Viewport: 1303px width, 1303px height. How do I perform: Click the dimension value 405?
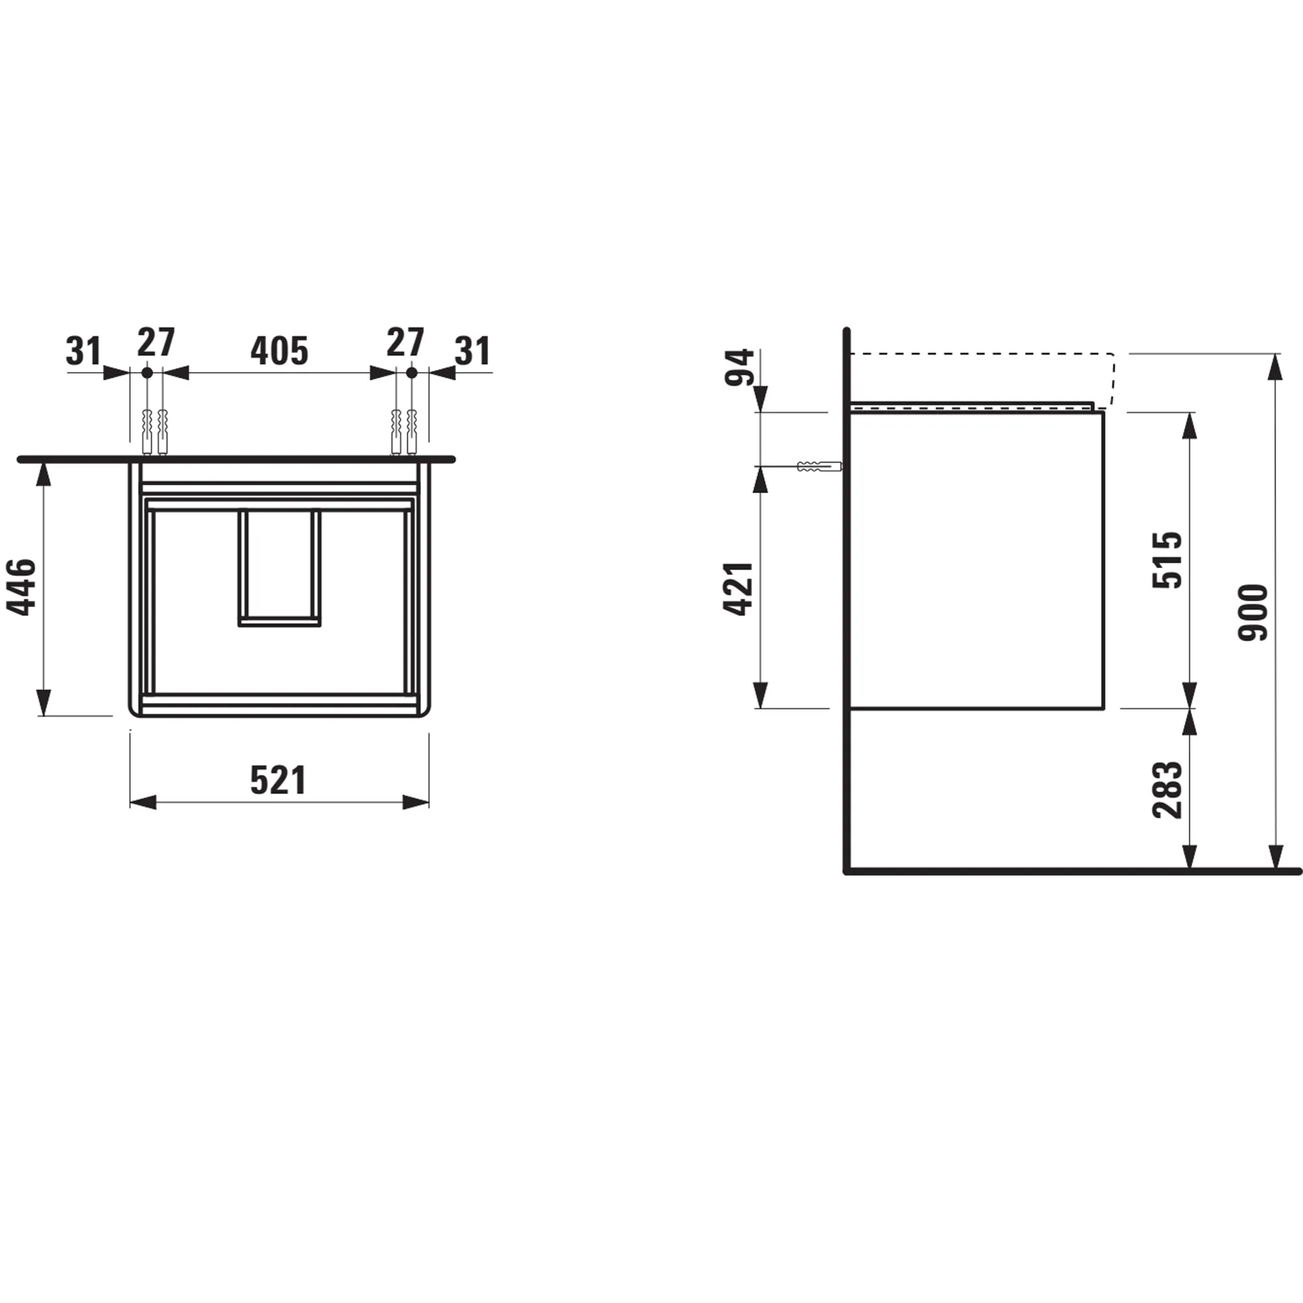click(x=279, y=351)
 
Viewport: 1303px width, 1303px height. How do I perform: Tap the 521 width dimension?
click(x=279, y=780)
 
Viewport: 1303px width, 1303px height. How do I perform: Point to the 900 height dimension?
click(x=1253, y=612)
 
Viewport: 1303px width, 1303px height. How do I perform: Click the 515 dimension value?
click(x=1167, y=560)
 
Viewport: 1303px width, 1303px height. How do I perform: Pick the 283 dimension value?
click(x=1167, y=790)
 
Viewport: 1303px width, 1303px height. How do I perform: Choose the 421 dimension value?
click(x=739, y=588)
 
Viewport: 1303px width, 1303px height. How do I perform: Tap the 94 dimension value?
click(x=739, y=367)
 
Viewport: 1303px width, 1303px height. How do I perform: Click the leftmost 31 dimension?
click(x=83, y=351)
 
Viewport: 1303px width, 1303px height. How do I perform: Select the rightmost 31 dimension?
click(x=473, y=351)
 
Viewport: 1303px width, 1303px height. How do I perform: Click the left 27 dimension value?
click(x=156, y=342)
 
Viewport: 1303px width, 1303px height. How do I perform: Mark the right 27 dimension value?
click(x=405, y=342)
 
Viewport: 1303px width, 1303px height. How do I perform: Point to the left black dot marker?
click(x=147, y=372)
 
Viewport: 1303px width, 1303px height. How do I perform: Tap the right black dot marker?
click(x=412, y=372)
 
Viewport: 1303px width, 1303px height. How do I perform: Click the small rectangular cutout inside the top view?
click(x=279, y=567)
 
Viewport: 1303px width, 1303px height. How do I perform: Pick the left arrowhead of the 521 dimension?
click(x=142, y=802)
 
